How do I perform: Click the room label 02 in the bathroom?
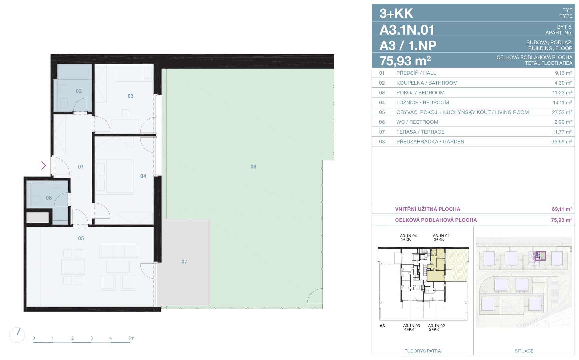[79, 91]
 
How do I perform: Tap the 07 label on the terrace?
[184, 262]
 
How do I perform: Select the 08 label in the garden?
[253, 167]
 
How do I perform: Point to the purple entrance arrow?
[44, 165]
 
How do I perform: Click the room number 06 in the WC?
[49, 198]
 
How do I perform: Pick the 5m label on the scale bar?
[131, 338]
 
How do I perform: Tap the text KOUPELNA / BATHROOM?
[427, 83]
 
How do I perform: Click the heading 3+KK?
[396, 13]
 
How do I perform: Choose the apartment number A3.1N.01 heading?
[407, 30]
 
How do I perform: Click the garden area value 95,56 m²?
[562, 141]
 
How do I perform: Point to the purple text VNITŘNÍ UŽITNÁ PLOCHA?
[428, 209]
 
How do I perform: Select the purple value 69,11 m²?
[562, 209]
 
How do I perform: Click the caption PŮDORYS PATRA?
[422, 351]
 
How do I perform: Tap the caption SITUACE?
[524, 351]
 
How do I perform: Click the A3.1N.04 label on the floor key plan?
[408, 236]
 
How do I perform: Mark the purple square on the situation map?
[540, 256]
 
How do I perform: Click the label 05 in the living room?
[81, 238]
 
